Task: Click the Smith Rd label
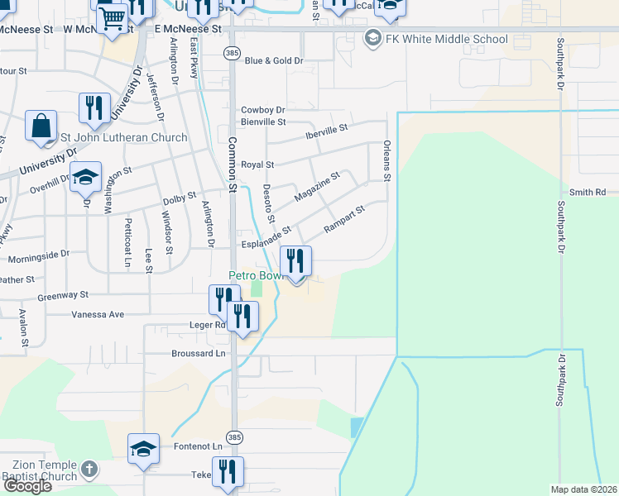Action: pyautogui.click(x=588, y=192)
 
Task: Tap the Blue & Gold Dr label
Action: pyautogui.click(x=274, y=60)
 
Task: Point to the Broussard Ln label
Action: pyautogui.click(x=196, y=353)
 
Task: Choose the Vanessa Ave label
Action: pyautogui.click(x=98, y=314)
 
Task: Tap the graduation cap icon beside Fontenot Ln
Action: pyautogui.click(x=143, y=450)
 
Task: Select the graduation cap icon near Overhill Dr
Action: pyautogui.click(x=85, y=179)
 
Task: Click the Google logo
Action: pyautogui.click(x=27, y=486)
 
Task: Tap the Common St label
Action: pyautogui.click(x=233, y=165)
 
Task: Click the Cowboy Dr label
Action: pyautogui.click(x=262, y=110)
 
